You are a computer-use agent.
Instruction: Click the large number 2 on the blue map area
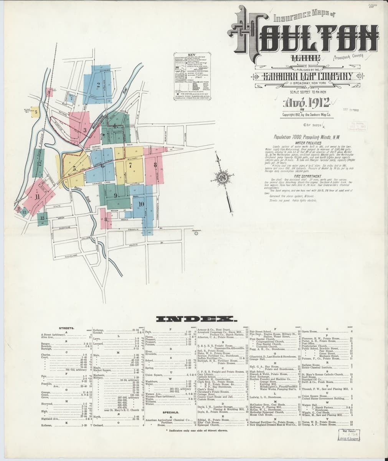(x=99, y=85)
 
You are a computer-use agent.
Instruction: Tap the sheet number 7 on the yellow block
(x=131, y=166)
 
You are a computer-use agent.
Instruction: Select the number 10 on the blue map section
(x=141, y=204)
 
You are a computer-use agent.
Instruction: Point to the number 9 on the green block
(x=115, y=196)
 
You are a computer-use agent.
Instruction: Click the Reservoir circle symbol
(x=196, y=232)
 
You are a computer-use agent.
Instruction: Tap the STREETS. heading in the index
(x=66, y=328)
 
